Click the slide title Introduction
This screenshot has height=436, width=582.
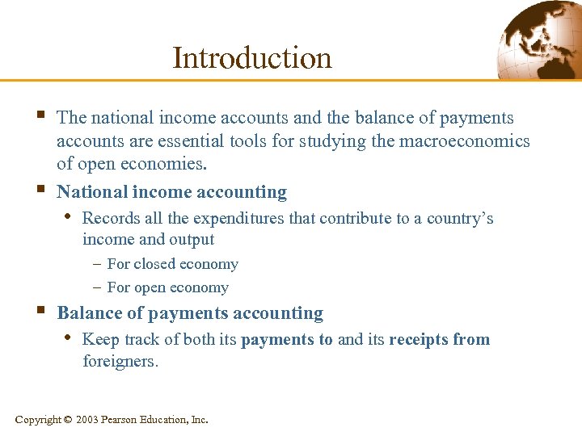click(252, 58)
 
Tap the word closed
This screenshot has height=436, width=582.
click(157, 264)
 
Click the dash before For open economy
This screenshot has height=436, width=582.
click(96, 287)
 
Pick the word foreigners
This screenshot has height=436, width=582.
click(120, 361)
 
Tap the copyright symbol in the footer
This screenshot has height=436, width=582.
click(68, 420)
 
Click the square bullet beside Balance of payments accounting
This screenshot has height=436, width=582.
click(41, 310)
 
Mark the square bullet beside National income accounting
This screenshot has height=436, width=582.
click(41, 189)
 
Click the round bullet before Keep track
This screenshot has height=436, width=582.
click(67, 337)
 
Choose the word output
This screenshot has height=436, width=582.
click(192, 239)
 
